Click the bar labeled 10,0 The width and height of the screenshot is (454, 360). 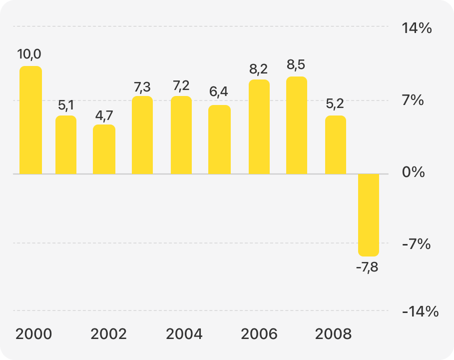coord(30,120)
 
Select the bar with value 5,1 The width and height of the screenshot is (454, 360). coord(66,145)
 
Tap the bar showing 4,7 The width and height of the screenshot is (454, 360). coord(104,149)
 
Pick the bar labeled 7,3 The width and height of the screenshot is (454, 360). coord(142,135)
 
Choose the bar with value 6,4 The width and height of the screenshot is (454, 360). coord(219,139)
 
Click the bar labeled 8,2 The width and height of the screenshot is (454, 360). coord(259,127)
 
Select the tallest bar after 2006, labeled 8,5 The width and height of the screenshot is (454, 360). coord(297,125)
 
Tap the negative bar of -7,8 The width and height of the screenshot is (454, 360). coord(369,215)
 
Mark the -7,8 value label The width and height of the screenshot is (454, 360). coord(367,267)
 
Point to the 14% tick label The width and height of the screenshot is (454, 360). coord(417,28)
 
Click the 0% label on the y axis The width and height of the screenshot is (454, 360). coord(413,172)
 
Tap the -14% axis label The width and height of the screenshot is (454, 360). coord(420,312)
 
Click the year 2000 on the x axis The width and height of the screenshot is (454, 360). coord(33,334)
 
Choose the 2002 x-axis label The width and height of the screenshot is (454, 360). coord(108,334)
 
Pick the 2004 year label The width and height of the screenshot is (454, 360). coord(184,334)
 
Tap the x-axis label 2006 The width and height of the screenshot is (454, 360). coord(259,334)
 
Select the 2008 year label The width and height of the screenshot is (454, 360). coord(334,334)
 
